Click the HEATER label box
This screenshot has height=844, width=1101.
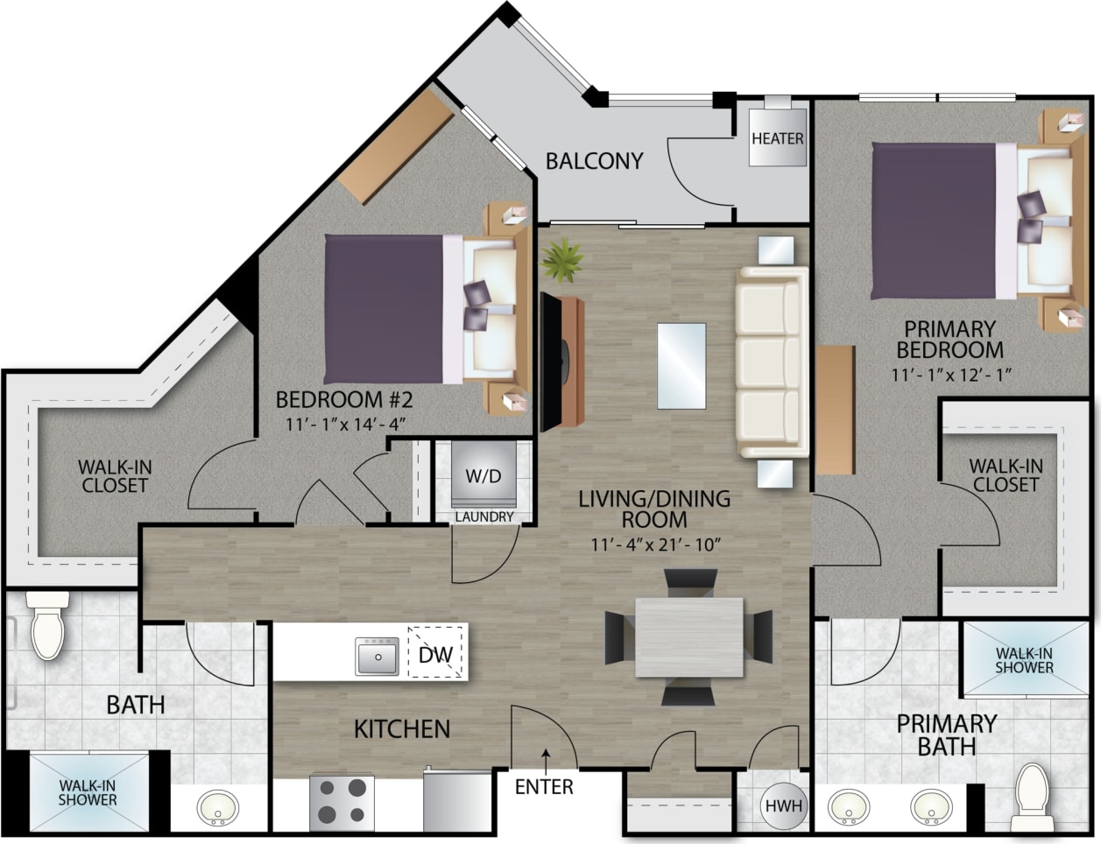777,139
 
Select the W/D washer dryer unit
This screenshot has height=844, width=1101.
483,478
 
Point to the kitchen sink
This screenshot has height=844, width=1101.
378,656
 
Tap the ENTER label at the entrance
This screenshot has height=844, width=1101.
544,786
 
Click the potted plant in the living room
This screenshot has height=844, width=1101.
563,260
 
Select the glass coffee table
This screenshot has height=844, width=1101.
681,365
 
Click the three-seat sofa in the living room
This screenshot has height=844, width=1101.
770,362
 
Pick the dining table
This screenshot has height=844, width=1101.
688,637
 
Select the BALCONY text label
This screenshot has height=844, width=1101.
594,161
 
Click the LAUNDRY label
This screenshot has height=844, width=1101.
483,517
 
